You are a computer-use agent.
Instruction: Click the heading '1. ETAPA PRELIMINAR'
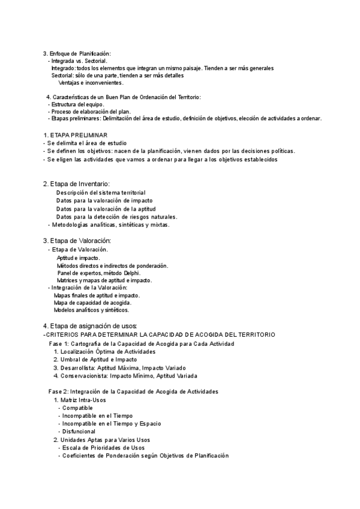pos(76,136)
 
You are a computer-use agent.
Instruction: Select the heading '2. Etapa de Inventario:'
pos(76,184)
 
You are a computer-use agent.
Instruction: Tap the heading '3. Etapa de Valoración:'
pos(77,241)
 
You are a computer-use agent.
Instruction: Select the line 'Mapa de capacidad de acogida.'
pos(92,303)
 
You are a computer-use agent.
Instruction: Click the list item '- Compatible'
pos(75,408)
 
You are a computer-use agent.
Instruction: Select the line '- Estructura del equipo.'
pos(76,104)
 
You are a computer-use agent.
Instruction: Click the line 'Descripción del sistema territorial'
pos(101,192)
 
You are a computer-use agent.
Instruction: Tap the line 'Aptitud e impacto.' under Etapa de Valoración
pos(79,258)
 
